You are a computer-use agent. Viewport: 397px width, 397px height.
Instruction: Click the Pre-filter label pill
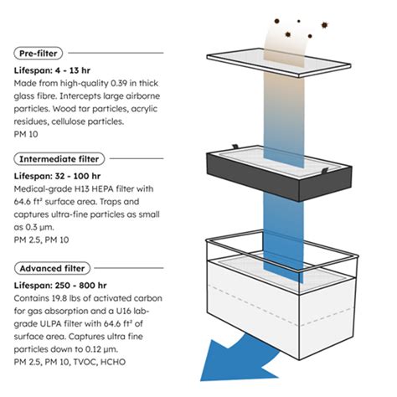(39, 53)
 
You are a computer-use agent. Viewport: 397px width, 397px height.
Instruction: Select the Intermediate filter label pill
(59, 159)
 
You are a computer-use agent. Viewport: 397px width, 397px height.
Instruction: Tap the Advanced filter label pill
(52, 268)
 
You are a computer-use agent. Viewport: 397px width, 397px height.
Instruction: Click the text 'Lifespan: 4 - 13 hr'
(52, 70)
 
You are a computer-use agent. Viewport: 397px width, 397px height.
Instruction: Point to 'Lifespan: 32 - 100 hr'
(57, 176)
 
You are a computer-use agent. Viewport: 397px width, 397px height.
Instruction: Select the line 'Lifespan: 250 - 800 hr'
(60, 286)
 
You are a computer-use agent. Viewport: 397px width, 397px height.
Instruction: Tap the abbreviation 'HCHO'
(113, 362)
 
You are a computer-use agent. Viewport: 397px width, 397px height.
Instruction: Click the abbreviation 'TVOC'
(85, 362)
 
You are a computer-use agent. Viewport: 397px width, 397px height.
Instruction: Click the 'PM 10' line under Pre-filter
(26, 134)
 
